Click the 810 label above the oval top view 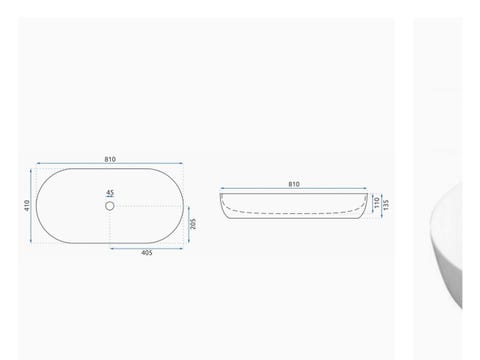(x=110, y=159)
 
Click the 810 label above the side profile (x=294, y=184)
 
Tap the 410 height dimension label (x=27, y=205)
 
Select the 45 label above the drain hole (x=110, y=193)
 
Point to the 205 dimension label (x=193, y=224)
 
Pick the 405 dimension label (x=147, y=253)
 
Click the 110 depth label (x=377, y=203)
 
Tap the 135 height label (x=386, y=205)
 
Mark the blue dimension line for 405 (x=147, y=248)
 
